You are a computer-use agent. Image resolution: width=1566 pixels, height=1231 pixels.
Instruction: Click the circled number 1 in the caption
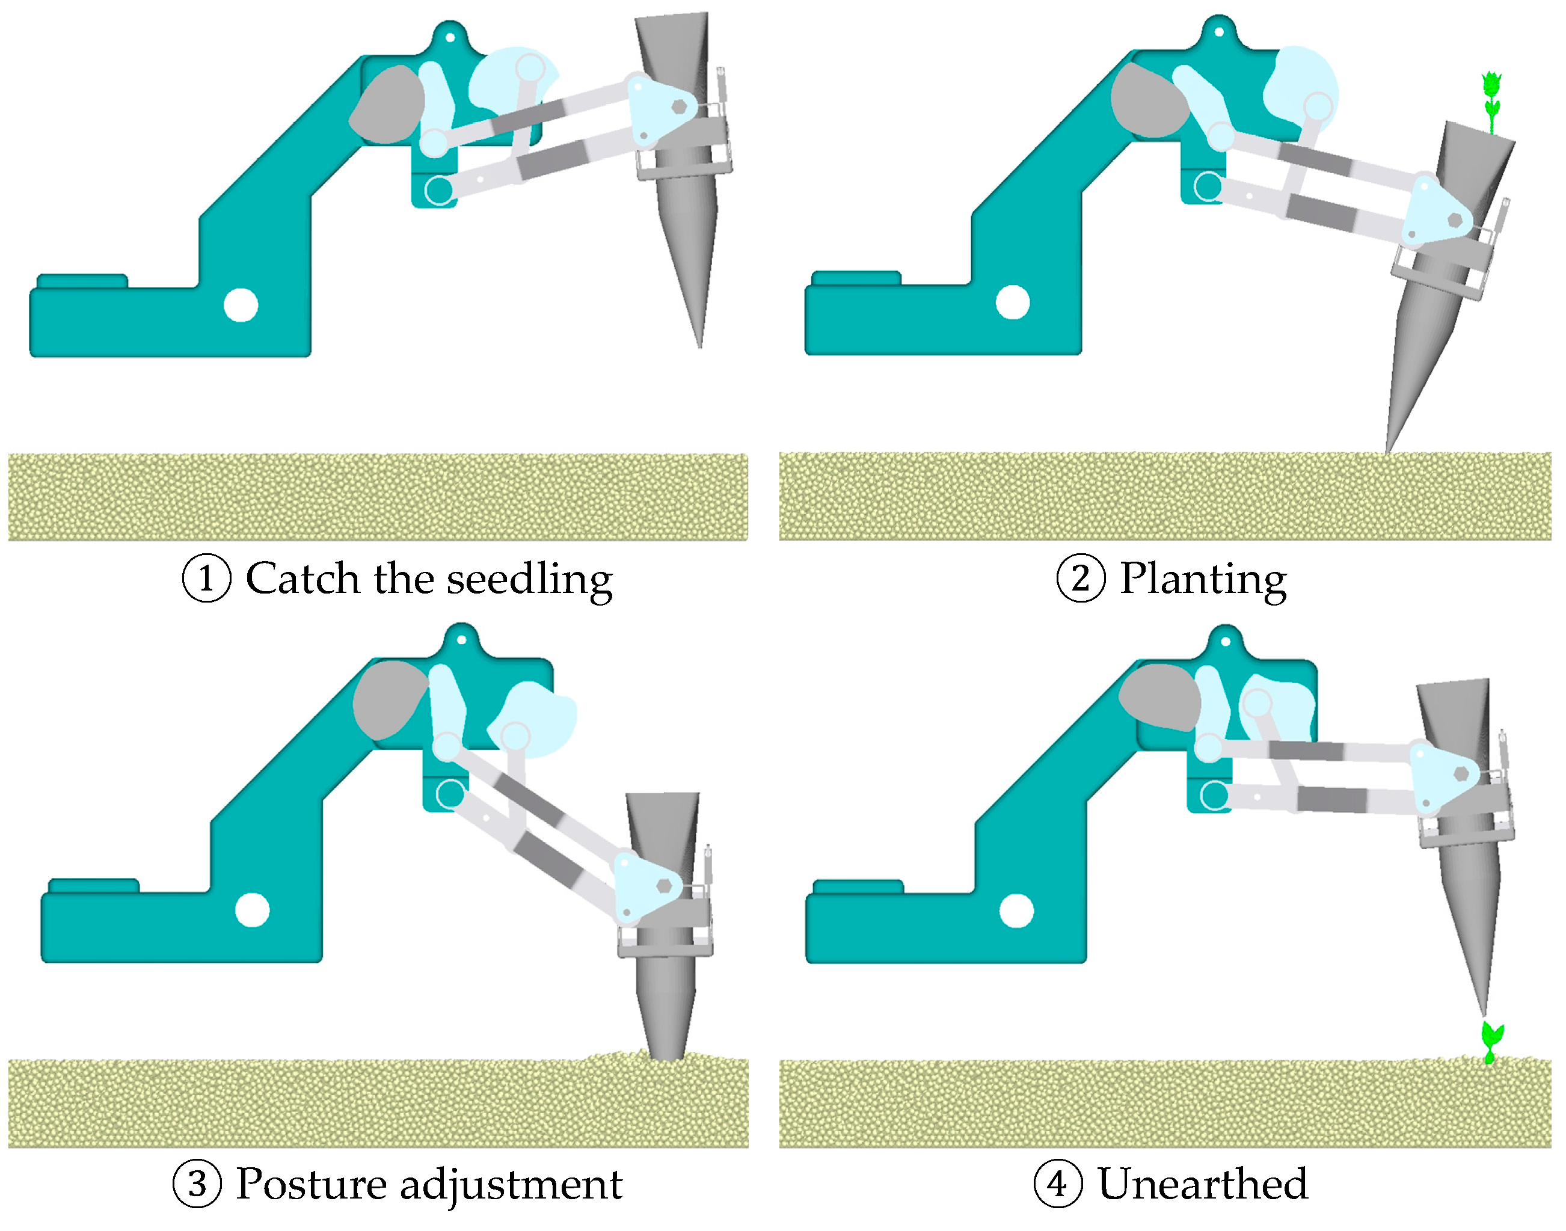[x=206, y=579]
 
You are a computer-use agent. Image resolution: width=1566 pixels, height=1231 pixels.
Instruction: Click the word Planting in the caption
[x=1203, y=579]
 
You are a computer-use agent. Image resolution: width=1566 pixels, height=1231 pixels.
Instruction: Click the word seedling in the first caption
[x=530, y=579]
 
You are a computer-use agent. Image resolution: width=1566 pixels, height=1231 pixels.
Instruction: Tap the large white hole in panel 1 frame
[x=241, y=305]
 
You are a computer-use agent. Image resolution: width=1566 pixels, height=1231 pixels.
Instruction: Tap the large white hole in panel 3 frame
[x=252, y=910]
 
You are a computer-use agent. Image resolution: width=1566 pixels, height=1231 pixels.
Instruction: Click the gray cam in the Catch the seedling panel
[x=388, y=105]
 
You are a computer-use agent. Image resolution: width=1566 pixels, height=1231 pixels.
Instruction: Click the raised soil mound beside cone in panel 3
[x=613, y=1057]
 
